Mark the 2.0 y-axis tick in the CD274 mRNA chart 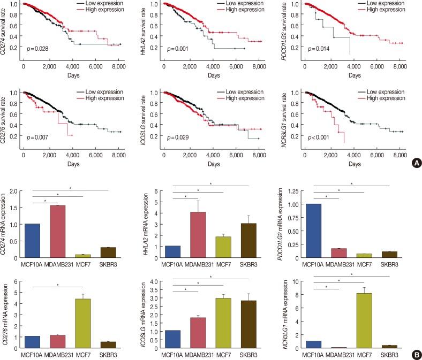[x=16, y=190]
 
